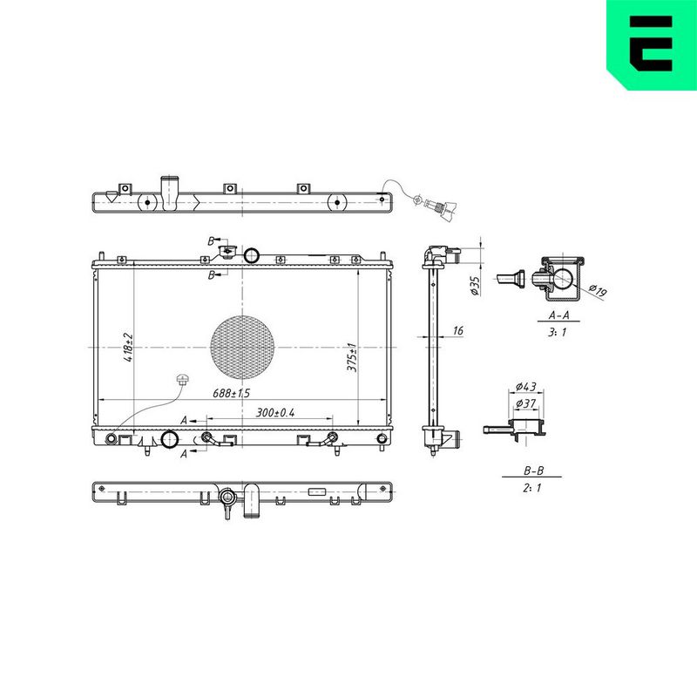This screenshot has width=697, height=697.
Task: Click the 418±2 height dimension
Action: pos(128,347)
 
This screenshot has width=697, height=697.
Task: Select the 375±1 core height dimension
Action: pos(352,357)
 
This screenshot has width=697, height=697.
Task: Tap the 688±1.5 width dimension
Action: pos(231,393)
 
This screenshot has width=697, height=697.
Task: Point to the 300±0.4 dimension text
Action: pos(275,412)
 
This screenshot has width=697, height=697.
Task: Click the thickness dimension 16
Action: pos(458,331)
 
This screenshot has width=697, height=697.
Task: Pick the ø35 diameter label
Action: pos(475,286)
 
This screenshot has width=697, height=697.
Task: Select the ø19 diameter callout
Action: pos(598,290)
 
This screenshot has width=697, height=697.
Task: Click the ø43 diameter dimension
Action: pos(526,387)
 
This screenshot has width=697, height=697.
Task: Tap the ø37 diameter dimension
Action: pos(526,403)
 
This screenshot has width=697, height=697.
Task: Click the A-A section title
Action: pos(558,315)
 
